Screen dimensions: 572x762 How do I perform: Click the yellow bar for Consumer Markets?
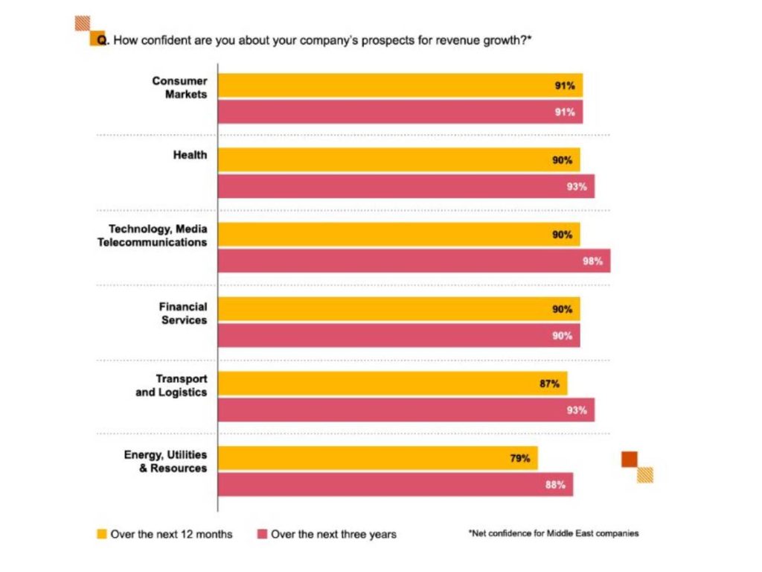click(x=400, y=86)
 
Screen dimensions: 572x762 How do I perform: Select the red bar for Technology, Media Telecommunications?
click(x=414, y=261)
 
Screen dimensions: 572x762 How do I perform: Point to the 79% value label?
click(x=519, y=459)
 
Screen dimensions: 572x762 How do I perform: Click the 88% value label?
click(x=555, y=485)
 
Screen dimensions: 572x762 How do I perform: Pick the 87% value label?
click(x=550, y=384)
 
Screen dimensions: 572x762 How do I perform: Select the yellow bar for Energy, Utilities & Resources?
click(x=377, y=459)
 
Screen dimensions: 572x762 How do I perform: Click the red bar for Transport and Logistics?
click(x=406, y=410)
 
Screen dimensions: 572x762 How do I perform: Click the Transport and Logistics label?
click(x=172, y=386)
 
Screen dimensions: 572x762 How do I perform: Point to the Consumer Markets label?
click(x=180, y=87)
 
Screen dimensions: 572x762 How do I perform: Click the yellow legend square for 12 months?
click(x=102, y=534)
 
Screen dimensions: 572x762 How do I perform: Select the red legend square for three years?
click(x=261, y=534)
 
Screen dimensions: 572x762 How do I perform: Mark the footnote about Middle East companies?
click(x=554, y=533)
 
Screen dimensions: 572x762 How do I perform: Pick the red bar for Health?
click(x=406, y=187)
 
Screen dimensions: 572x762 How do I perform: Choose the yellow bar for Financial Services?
click(x=398, y=309)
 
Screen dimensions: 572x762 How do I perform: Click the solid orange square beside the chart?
click(x=630, y=460)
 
